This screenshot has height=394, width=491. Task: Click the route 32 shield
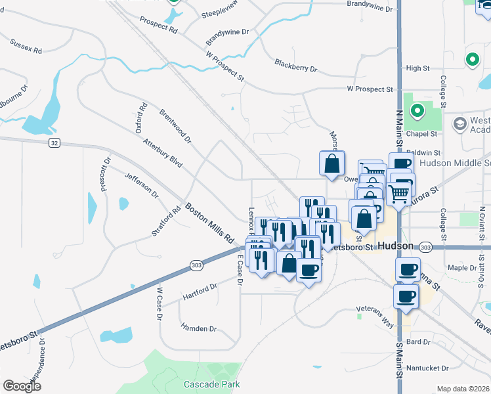pyautogui.click(x=54, y=142)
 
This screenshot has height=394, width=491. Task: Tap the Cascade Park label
pyautogui.click(x=211, y=384)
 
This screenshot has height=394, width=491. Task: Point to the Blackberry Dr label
pyautogui.click(x=295, y=67)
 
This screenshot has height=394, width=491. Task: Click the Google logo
pyautogui.click(x=22, y=386)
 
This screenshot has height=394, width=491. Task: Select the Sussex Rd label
pyautogui.click(x=26, y=46)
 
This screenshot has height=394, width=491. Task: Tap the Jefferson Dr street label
pyautogui.click(x=142, y=185)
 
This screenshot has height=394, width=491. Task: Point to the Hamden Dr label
pyautogui.click(x=198, y=328)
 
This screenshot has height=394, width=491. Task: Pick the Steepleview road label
pyautogui.click(x=219, y=13)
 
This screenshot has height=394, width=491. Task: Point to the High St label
pyautogui.click(x=417, y=68)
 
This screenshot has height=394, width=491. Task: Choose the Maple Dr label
pyautogui.click(x=462, y=268)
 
